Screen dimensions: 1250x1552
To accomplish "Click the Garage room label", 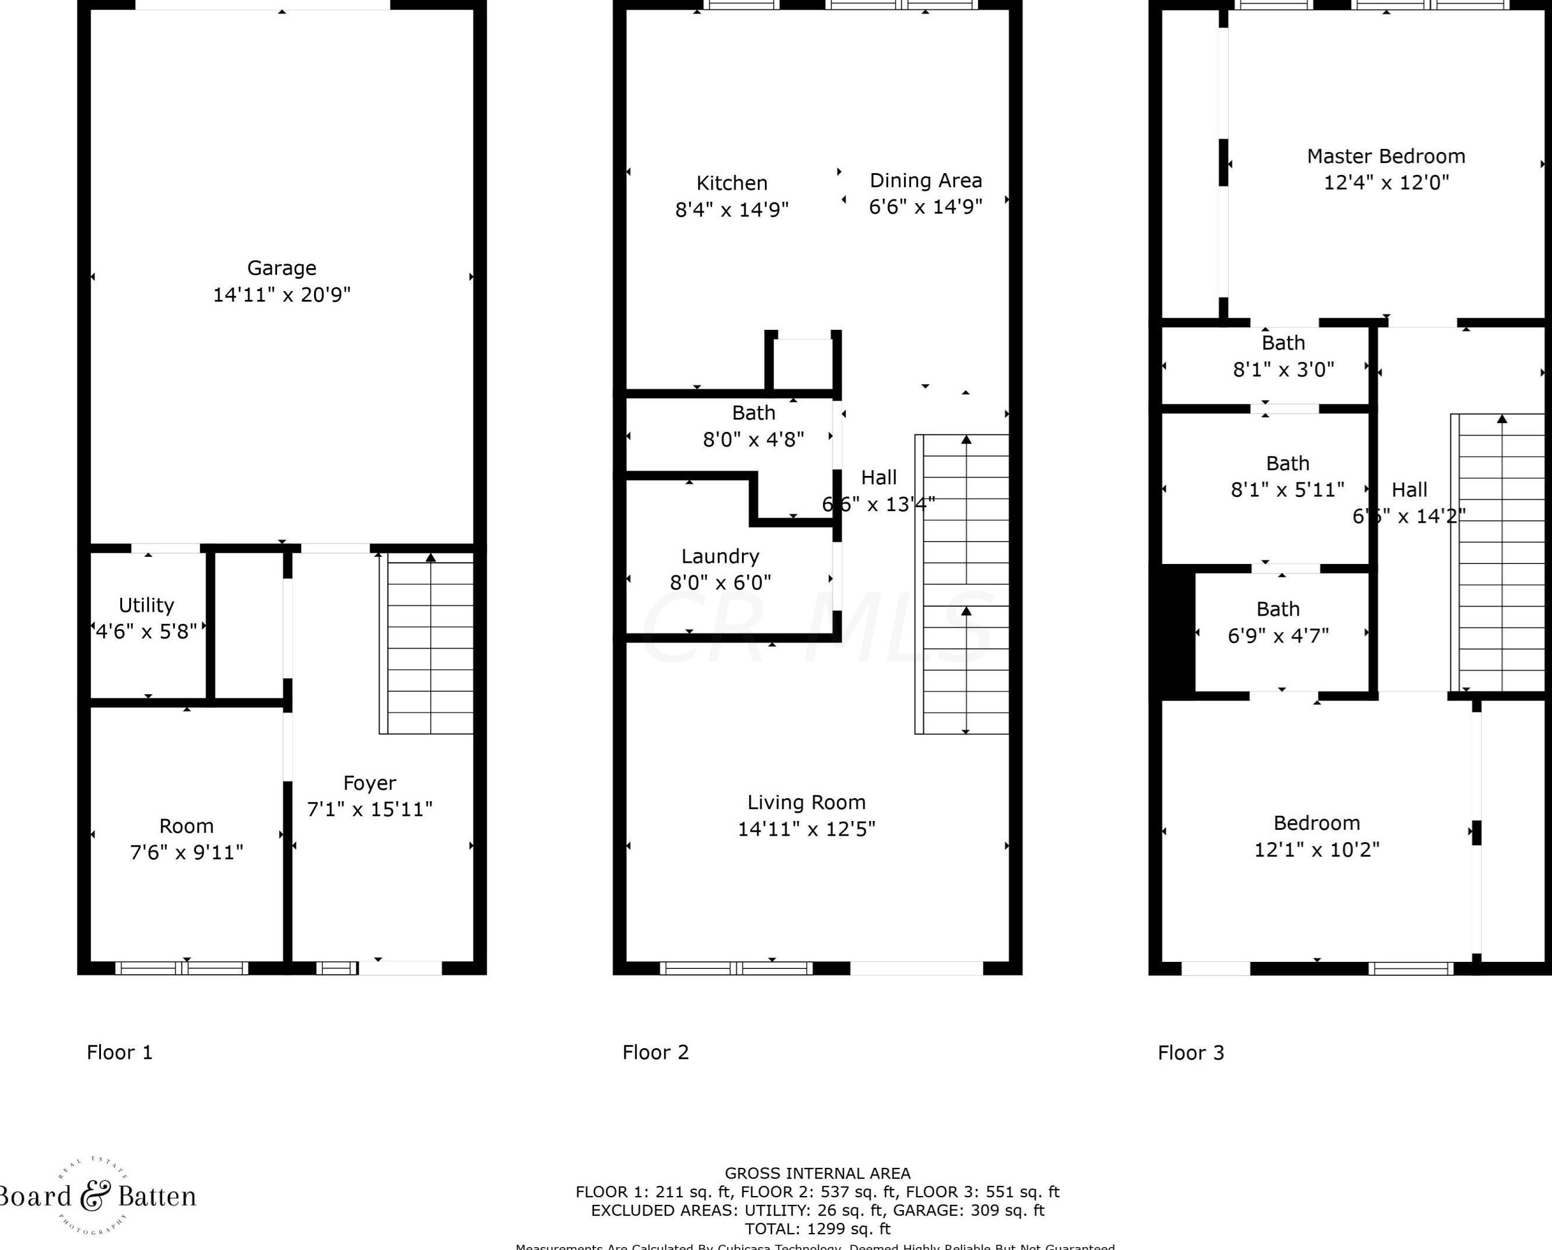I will (x=282, y=268).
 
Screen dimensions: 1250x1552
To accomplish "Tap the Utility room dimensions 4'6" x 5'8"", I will (x=146, y=631).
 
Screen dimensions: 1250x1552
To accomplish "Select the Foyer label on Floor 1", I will (x=369, y=783).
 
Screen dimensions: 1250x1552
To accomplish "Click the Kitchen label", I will (x=732, y=183).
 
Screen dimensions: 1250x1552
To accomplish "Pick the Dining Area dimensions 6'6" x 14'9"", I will (x=926, y=207).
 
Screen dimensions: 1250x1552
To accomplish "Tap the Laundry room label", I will (x=720, y=556).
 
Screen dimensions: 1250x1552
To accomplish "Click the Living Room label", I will (x=806, y=802).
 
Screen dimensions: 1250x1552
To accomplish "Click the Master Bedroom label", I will (x=1386, y=156).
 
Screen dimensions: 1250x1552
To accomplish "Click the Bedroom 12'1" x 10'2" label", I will (x=1317, y=823).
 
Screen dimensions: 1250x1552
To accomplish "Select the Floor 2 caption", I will (x=655, y=1053).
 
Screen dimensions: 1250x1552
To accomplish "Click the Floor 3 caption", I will (x=1190, y=1053).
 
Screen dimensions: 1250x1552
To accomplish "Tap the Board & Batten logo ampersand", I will (x=95, y=1196).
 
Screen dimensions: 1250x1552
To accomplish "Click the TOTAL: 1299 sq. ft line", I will (x=818, y=1228).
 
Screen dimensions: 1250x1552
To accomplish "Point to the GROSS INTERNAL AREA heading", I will (x=818, y=1174).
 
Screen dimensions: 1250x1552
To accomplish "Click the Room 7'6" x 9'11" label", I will (x=187, y=826).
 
